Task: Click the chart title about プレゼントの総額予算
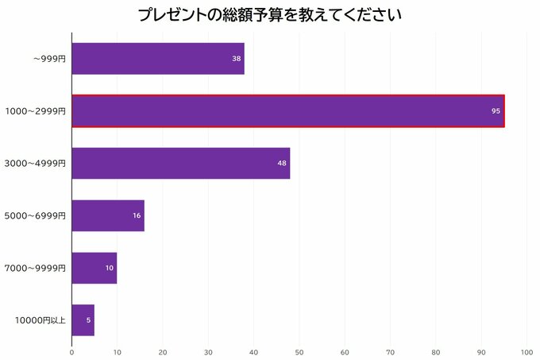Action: [x=269, y=15]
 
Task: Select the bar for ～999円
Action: [x=157, y=59]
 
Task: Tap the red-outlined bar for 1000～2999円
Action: [x=287, y=111]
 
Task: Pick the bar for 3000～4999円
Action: [x=180, y=164]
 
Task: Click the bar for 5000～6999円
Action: [x=107, y=215]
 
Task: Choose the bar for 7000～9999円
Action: [x=94, y=268]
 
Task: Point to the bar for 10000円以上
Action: [x=83, y=320]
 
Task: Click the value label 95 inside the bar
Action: [x=496, y=111]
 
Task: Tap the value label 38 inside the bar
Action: [x=237, y=59]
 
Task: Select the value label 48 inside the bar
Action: [x=282, y=164]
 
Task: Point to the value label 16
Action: [x=137, y=215]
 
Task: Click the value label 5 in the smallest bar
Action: [x=89, y=320]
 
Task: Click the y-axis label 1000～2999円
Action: [x=35, y=111]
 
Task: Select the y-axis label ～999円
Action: [x=49, y=59]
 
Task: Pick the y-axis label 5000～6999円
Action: [x=35, y=215]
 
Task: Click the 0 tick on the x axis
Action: [x=71, y=351]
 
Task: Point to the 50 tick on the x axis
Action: [x=299, y=351]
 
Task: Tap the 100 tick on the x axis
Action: [x=526, y=351]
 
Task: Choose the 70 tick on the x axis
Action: [x=390, y=351]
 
